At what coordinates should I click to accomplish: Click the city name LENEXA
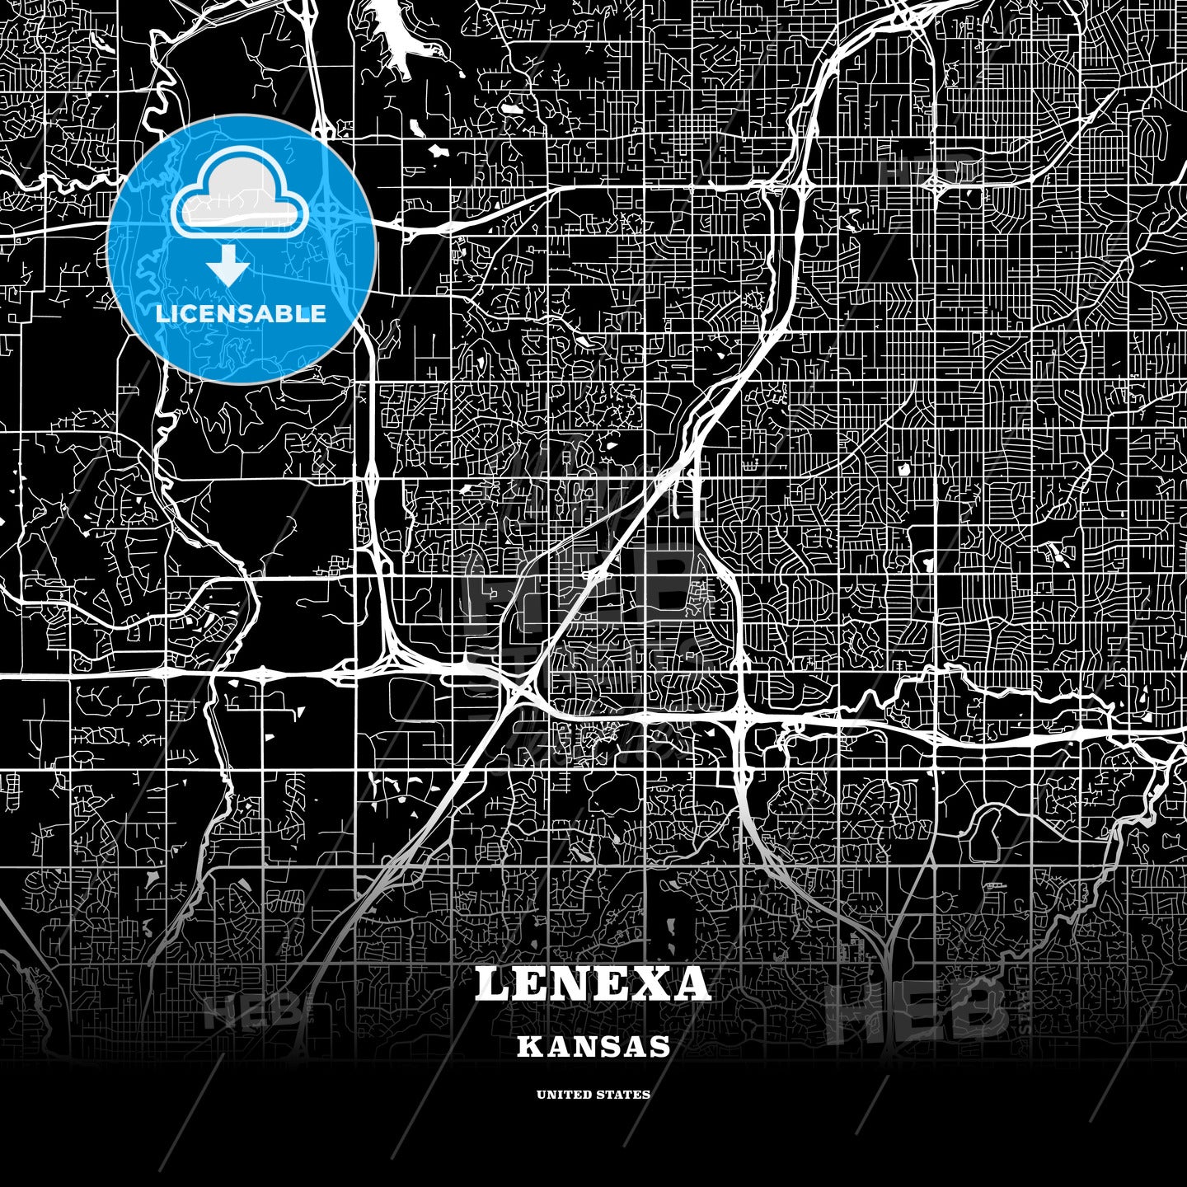(593, 983)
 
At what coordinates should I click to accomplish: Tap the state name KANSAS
(593, 1047)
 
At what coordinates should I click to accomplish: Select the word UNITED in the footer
(563, 1095)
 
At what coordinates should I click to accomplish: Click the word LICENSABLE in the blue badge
(241, 313)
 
